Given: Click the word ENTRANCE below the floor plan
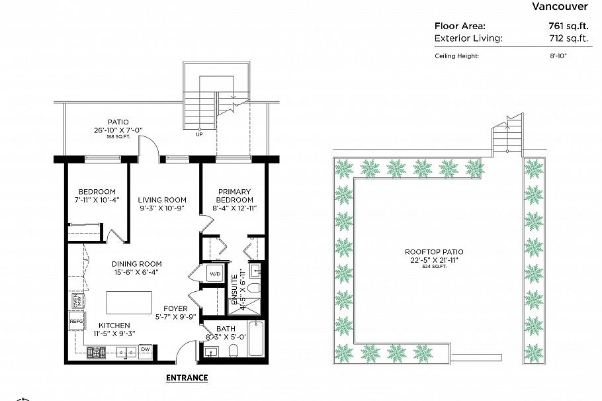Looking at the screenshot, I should point(186,378).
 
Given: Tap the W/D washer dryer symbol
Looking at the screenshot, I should point(215,273).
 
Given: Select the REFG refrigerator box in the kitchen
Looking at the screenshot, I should point(76,322).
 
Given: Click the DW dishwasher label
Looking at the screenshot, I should point(146,349).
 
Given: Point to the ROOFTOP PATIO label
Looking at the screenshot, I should point(434,252).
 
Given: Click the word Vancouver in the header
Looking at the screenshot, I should point(560,7).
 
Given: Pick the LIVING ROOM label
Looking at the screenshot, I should point(162,200).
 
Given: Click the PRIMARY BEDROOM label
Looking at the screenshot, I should point(235,196).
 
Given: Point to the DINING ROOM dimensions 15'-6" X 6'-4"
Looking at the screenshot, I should point(136,272).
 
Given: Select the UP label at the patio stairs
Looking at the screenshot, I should point(199,134).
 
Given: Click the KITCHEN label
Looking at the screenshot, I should point(114,326).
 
